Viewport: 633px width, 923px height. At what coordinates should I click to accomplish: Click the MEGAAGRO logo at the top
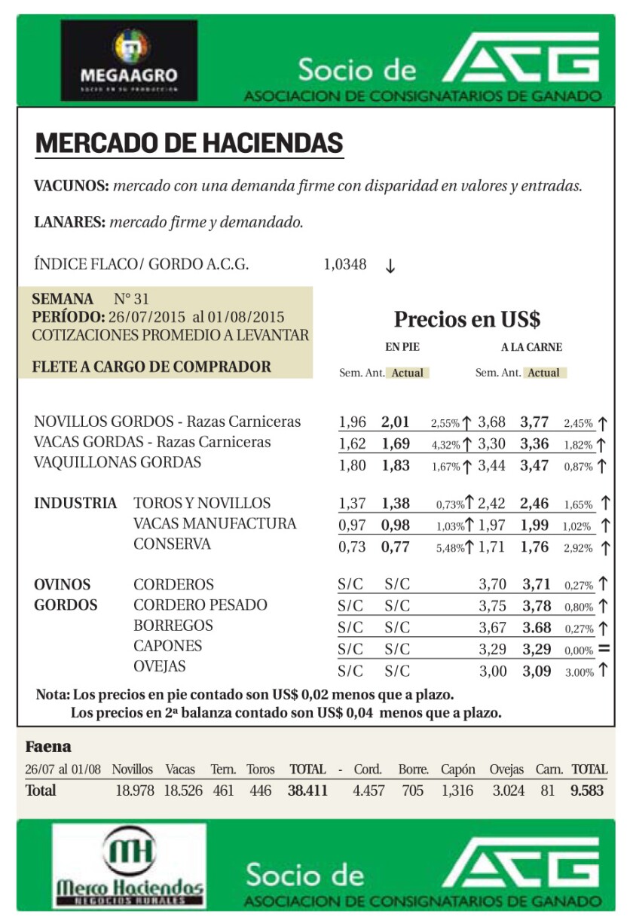point(129,60)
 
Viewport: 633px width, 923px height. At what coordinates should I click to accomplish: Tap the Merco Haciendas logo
point(129,867)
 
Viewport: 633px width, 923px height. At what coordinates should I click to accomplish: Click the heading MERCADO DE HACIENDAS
point(189,143)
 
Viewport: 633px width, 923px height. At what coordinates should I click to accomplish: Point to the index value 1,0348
point(345,264)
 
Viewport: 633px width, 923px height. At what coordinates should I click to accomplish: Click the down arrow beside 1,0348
point(390,267)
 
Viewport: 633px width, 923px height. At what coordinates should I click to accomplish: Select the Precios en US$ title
point(467,319)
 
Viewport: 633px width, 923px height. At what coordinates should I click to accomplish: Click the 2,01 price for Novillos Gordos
point(396,422)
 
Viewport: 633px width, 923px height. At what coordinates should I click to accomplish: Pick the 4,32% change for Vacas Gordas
point(445,444)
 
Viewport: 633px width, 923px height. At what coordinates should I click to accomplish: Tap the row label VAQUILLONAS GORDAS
point(118,462)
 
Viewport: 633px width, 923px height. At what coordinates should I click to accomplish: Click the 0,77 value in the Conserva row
point(396,547)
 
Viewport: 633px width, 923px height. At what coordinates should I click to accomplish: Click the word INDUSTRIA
point(75,503)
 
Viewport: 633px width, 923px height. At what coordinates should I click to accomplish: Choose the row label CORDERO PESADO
point(200,605)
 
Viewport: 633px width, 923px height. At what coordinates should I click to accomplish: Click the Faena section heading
point(48,747)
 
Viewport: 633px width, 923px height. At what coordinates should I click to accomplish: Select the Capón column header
point(457,769)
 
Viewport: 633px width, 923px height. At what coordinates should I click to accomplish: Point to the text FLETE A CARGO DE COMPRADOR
point(151,367)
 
